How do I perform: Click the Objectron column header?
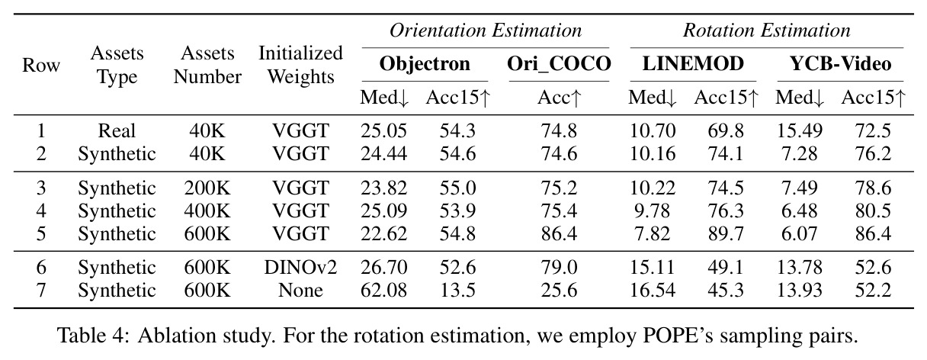click(x=425, y=64)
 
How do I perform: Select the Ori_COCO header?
click(x=559, y=64)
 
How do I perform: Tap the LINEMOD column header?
click(x=693, y=63)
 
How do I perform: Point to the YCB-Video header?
click(x=841, y=63)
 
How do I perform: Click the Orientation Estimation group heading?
click(x=486, y=31)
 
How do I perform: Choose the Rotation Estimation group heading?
click(x=766, y=31)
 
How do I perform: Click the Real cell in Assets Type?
click(x=117, y=131)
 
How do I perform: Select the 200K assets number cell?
click(x=207, y=188)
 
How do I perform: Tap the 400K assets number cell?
click(x=207, y=211)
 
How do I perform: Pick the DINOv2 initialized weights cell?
click(x=300, y=267)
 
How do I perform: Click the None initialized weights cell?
click(x=300, y=290)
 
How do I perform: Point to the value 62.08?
click(x=383, y=290)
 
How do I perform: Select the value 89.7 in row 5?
click(x=726, y=233)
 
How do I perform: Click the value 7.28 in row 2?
click(x=799, y=154)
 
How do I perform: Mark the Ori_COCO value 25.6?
click(x=559, y=290)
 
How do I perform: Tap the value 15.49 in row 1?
click(x=799, y=131)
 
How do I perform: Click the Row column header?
click(x=41, y=65)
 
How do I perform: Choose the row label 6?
click(x=41, y=267)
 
